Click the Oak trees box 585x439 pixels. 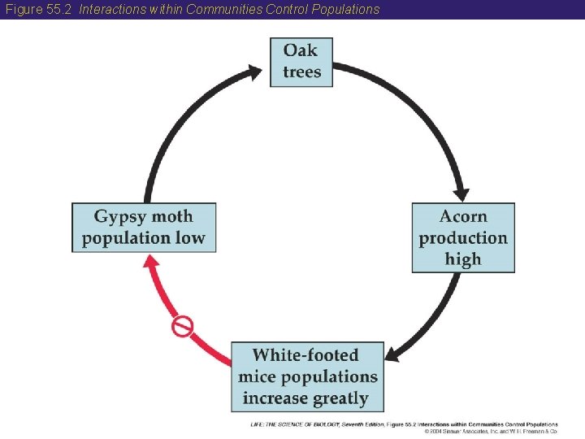(x=301, y=62)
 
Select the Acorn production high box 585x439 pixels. (x=463, y=237)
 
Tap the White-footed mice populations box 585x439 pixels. (x=307, y=376)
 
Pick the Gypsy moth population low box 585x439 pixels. (x=144, y=228)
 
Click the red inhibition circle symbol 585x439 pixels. (x=182, y=327)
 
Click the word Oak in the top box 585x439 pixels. (x=301, y=50)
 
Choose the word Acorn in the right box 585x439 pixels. (x=463, y=216)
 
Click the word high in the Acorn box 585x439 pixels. (x=463, y=259)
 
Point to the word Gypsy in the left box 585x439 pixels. (x=120, y=217)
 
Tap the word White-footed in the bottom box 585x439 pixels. (x=305, y=355)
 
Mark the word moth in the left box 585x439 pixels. (x=172, y=216)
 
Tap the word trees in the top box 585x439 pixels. (x=301, y=72)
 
